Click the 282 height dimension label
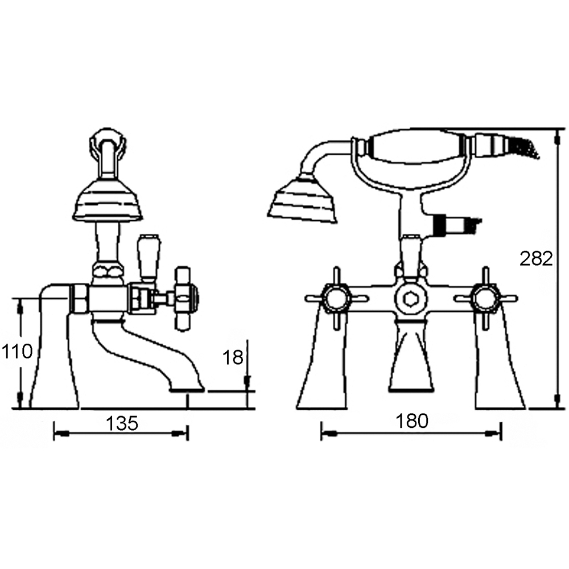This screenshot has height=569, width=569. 536,259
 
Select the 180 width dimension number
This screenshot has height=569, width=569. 412,421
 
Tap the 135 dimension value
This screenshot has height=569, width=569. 122,423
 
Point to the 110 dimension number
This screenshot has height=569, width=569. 17,352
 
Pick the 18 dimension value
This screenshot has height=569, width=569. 233,357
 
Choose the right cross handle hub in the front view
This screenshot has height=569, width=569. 484,298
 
